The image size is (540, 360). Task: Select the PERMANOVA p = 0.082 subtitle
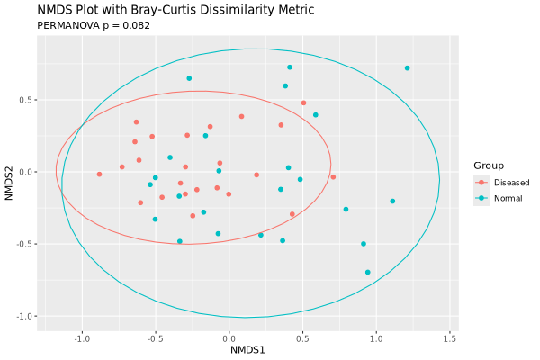click(x=94, y=25)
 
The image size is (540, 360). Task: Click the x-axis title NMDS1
click(x=247, y=349)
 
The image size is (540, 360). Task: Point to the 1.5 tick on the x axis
click(x=450, y=339)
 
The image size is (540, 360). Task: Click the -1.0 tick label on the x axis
click(x=81, y=339)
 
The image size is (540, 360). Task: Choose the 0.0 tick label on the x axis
click(x=229, y=339)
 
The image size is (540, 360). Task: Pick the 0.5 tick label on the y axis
click(x=25, y=100)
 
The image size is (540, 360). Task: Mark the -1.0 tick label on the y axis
click(x=23, y=316)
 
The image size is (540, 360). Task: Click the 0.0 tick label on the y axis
click(x=25, y=172)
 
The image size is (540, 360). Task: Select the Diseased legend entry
click(x=510, y=182)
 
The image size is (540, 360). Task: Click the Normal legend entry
click(x=507, y=198)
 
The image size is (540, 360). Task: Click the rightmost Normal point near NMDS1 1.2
click(x=407, y=68)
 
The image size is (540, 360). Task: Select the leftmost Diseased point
click(x=99, y=175)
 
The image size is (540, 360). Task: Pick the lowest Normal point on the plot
click(x=367, y=272)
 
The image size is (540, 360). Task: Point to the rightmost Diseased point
click(x=333, y=177)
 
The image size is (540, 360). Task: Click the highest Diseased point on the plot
click(x=303, y=103)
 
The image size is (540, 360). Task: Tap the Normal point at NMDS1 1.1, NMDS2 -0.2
click(x=392, y=202)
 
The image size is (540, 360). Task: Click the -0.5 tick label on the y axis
click(x=23, y=244)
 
